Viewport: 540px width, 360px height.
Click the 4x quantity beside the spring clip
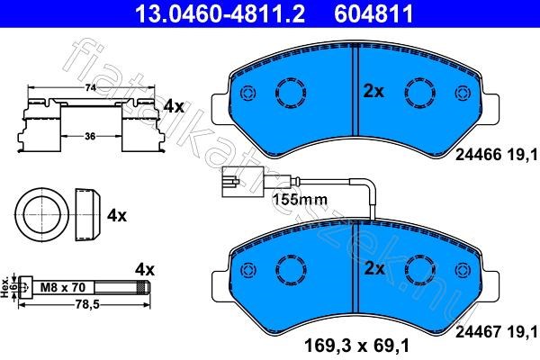173,106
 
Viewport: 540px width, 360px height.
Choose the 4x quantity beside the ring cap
117,216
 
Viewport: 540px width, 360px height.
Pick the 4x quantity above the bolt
145,269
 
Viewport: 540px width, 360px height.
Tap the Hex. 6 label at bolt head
9,287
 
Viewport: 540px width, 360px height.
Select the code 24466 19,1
490,156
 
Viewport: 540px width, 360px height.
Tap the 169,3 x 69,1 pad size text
360,343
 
